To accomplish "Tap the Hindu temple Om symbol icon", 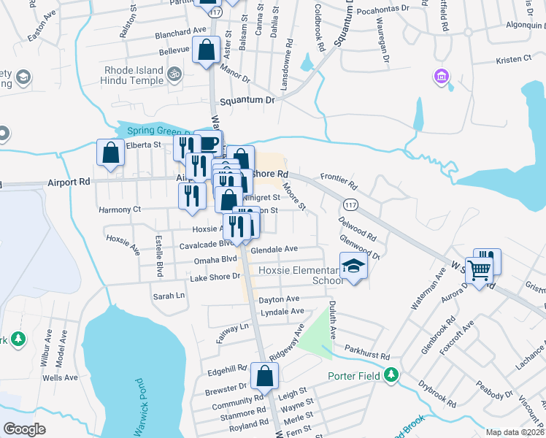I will coord(174,74).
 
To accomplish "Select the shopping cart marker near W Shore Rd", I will coord(479,270).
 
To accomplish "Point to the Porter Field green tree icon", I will coord(392,374).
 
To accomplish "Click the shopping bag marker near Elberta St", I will coord(111,153).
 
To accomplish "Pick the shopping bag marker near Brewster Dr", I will coord(264,376).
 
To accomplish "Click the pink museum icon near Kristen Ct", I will coord(440,76).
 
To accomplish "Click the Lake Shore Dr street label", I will coord(215,277).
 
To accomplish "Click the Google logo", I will coord(25,429).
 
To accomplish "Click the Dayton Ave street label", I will coord(279,299).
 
